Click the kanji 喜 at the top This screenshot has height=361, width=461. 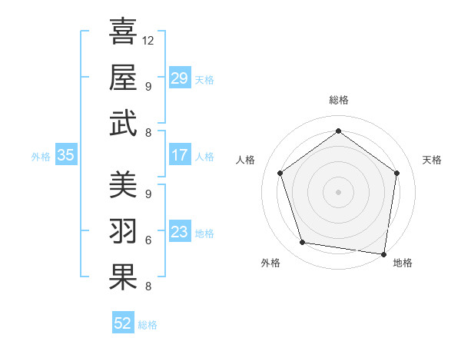123,32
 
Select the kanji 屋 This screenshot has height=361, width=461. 123,77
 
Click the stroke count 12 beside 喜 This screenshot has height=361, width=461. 148,40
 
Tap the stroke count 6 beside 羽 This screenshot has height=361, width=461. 148,239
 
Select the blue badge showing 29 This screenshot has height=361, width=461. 180,78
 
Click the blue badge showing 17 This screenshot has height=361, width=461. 180,155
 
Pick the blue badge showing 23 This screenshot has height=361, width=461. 180,232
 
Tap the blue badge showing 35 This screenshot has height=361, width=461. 66,155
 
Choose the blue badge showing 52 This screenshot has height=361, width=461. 123,323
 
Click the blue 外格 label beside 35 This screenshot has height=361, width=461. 41,156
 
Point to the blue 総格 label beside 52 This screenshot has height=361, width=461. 148,324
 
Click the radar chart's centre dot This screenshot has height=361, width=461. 338,191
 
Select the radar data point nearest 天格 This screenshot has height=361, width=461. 396,173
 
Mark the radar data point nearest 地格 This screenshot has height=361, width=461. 383,253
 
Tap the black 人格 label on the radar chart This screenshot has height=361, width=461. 246,160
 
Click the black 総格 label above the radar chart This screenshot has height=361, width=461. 338,100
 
